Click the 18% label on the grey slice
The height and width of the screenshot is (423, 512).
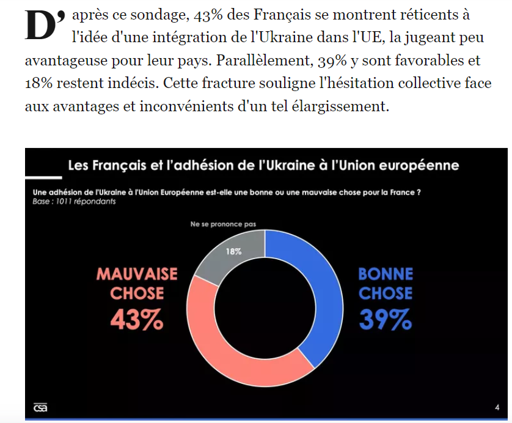(233, 251)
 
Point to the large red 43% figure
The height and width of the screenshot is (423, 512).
(137, 318)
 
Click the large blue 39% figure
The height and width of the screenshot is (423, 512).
(385, 318)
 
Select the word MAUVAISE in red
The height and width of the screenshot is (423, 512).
(137, 274)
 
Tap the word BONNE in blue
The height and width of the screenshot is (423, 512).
(386, 274)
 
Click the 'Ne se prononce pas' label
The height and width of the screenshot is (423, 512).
(222, 224)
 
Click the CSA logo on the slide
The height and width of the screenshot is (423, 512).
(40, 408)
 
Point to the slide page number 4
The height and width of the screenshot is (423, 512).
(496, 407)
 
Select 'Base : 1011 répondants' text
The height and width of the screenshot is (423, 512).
(74, 200)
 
